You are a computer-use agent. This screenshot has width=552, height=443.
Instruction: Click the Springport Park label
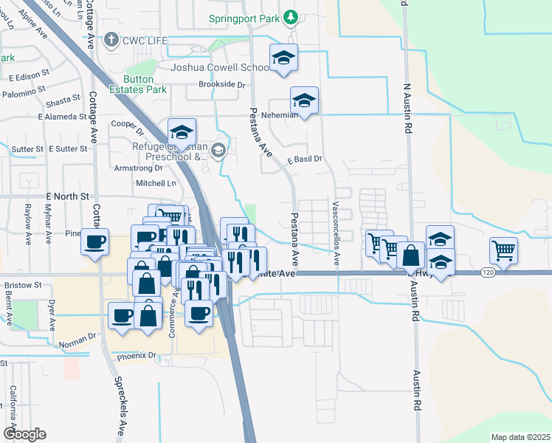[246, 17]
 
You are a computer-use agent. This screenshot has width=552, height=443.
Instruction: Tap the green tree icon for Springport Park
[291, 16]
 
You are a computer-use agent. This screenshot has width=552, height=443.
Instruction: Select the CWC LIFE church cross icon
[111, 39]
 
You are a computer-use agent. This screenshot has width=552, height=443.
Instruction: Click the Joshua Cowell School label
[221, 67]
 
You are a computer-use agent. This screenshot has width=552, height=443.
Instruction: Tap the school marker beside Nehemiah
[304, 100]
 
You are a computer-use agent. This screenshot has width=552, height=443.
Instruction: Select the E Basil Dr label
[306, 159]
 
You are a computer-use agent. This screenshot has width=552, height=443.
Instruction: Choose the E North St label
[67, 196]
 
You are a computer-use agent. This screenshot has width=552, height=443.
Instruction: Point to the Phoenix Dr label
[137, 356]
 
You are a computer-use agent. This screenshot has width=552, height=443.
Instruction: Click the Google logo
[24, 434]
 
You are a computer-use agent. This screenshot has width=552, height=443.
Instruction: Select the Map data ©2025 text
[520, 437]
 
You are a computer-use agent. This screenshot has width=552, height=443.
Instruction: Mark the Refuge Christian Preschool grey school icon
[218, 151]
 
